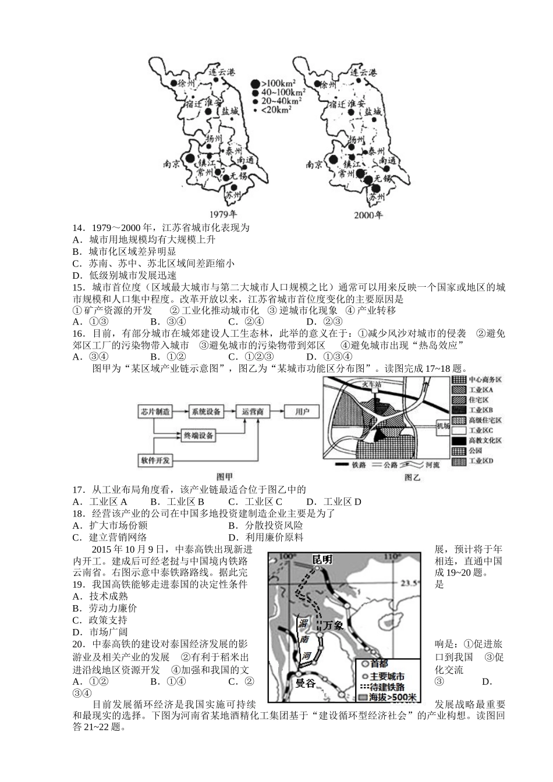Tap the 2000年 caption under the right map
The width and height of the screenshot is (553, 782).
(368, 215)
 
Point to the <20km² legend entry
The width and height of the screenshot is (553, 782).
(276, 109)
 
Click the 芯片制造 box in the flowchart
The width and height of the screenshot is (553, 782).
(154, 411)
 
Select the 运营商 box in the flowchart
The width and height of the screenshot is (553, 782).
(253, 411)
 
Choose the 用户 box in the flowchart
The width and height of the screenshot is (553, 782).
(302, 411)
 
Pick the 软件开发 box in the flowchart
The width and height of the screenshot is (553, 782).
(155, 460)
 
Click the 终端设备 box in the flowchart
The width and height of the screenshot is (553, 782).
(198, 435)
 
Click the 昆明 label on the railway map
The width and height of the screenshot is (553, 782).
(322, 559)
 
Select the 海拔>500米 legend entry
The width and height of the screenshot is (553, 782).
(388, 697)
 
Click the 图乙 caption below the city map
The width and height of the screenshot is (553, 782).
(412, 477)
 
